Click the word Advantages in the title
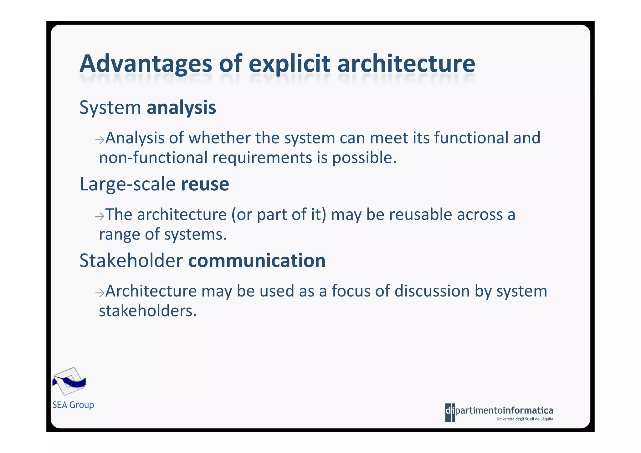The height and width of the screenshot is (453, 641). tap(146, 64)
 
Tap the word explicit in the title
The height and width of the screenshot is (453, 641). tap(289, 64)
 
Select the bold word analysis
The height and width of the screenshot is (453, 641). tap(181, 108)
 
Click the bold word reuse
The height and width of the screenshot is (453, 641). tap(205, 184)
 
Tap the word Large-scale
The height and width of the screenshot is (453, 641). tap(127, 184)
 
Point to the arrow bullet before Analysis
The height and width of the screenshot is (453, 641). tap(100, 139)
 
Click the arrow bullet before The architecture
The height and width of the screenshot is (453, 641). tap(100, 216)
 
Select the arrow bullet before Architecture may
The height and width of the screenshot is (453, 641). tap(100, 292)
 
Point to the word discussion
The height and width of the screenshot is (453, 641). tap(432, 291)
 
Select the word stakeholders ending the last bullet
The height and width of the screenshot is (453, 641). tap(148, 311)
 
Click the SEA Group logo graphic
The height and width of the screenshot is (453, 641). tap(69, 381)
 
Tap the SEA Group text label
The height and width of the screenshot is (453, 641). tap(73, 405)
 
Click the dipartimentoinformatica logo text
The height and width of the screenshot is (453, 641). tap(499, 410)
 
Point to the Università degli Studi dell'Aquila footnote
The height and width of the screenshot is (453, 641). tap(525, 419)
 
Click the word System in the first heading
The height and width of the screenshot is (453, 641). tap(110, 108)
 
